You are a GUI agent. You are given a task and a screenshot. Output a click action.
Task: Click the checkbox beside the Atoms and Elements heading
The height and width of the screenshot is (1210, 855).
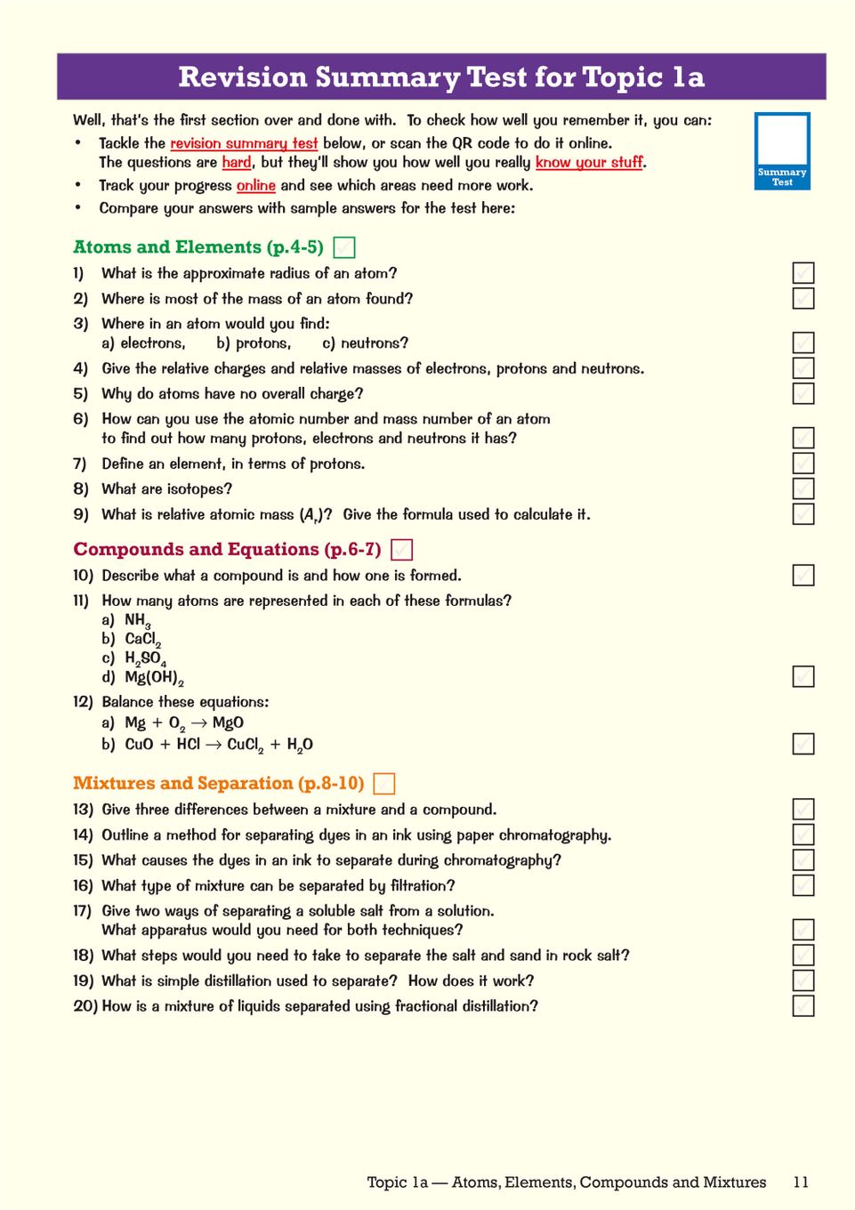click(x=343, y=247)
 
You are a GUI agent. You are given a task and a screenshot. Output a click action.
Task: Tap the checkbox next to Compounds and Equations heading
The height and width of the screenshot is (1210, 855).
click(x=402, y=550)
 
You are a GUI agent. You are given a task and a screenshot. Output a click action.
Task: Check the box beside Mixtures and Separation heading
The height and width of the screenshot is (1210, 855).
click(x=384, y=784)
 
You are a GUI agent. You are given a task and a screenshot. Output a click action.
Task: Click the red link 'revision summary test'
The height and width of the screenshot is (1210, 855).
click(x=244, y=143)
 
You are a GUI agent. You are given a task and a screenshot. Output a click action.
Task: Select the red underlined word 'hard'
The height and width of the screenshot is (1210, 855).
click(x=237, y=163)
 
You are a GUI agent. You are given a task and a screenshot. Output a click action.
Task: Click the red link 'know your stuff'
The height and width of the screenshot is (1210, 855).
click(x=590, y=163)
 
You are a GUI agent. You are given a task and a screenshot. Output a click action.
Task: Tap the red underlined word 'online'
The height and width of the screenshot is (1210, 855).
click(x=255, y=186)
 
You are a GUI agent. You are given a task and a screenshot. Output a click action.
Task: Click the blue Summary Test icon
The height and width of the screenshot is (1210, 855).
click(x=782, y=150)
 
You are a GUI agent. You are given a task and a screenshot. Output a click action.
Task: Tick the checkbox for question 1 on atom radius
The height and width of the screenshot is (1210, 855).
click(x=803, y=273)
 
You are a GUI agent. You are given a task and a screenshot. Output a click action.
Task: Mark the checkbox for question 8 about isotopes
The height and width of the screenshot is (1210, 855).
click(x=803, y=488)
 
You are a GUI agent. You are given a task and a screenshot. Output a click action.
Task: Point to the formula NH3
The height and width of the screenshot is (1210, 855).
click(x=137, y=621)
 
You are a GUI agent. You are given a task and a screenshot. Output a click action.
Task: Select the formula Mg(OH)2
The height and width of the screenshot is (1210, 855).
click(x=153, y=678)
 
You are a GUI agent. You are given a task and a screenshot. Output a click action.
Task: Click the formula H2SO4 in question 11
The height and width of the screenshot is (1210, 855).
click(x=145, y=659)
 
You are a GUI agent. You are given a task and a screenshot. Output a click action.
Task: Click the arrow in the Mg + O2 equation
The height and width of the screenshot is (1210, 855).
click(x=198, y=723)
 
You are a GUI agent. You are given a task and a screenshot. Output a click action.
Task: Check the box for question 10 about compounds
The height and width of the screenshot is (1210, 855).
click(x=803, y=576)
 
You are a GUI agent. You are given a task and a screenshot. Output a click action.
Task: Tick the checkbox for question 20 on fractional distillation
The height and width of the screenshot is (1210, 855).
click(x=803, y=1006)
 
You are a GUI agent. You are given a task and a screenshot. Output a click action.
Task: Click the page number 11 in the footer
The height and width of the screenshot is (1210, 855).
click(x=801, y=1182)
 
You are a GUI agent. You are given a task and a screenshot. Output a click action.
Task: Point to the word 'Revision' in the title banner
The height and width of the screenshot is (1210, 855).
click(x=242, y=77)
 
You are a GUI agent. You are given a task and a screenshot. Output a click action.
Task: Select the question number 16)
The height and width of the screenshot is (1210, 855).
click(x=83, y=886)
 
